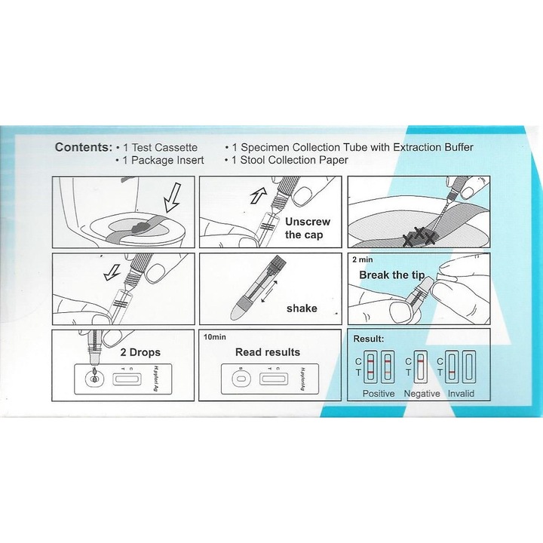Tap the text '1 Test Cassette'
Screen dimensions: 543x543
[159, 147]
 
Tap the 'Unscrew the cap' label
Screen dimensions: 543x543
[307, 228]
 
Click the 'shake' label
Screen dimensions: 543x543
[302, 308]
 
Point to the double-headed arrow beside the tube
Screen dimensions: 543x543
[270, 290]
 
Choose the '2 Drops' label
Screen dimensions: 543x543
[141, 351]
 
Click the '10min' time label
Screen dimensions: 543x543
[215, 336]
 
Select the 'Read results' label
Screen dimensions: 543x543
[268, 351]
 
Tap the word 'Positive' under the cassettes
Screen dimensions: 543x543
[379, 394]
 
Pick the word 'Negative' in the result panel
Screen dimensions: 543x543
[422, 394]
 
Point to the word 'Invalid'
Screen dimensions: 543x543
[461, 394]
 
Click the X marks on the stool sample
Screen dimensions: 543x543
[419, 236]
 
